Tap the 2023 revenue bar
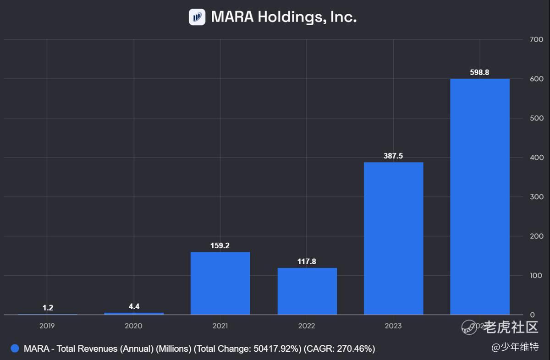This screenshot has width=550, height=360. [x=393, y=238]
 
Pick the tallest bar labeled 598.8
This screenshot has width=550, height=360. [x=480, y=197]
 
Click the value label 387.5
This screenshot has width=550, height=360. [x=393, y=156]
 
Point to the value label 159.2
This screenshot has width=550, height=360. [x=220, y=245]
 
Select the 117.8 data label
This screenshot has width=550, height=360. [x=307, y=262]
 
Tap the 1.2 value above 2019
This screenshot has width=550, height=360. [x=48, y=308]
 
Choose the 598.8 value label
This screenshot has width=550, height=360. [x=480, y=72]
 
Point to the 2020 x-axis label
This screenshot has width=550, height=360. [x=133, y=326]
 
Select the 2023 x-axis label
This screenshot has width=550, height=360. [x=393, y=326]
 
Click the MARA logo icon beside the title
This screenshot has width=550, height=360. [x=197, y=17]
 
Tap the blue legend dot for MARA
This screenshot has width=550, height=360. [x=15, y=349]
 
